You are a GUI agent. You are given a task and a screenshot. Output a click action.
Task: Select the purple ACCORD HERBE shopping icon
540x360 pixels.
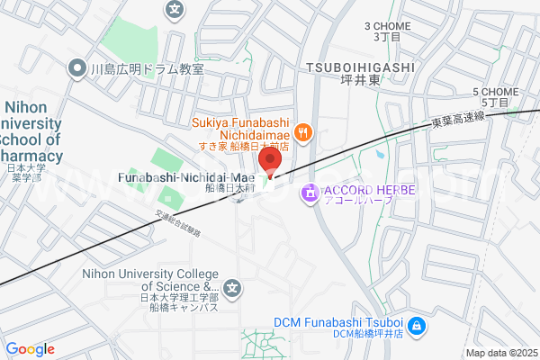[x=310, y=191]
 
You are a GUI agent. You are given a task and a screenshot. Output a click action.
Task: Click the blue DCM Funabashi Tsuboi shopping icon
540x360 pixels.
[x=417, y=325]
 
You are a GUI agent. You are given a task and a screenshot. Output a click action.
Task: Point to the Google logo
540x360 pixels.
[x=30, y=349]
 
